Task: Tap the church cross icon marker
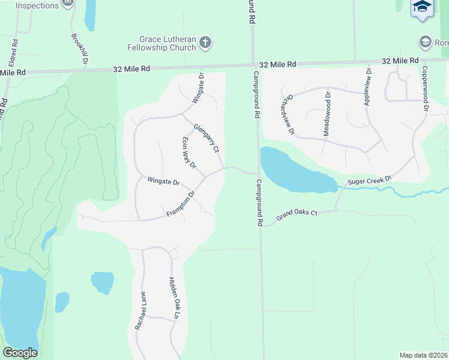(205, 43)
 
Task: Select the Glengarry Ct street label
(205, 139)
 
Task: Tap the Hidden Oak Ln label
(174, 298)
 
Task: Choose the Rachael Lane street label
(140, 311)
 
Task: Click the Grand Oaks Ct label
(296, 215)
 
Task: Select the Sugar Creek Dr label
(369, 180)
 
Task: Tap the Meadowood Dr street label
(327, 113)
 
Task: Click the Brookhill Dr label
(79, 48)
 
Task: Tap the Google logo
(20, 353)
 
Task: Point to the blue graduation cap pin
(422, 8)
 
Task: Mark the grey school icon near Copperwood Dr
(426, 42)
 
